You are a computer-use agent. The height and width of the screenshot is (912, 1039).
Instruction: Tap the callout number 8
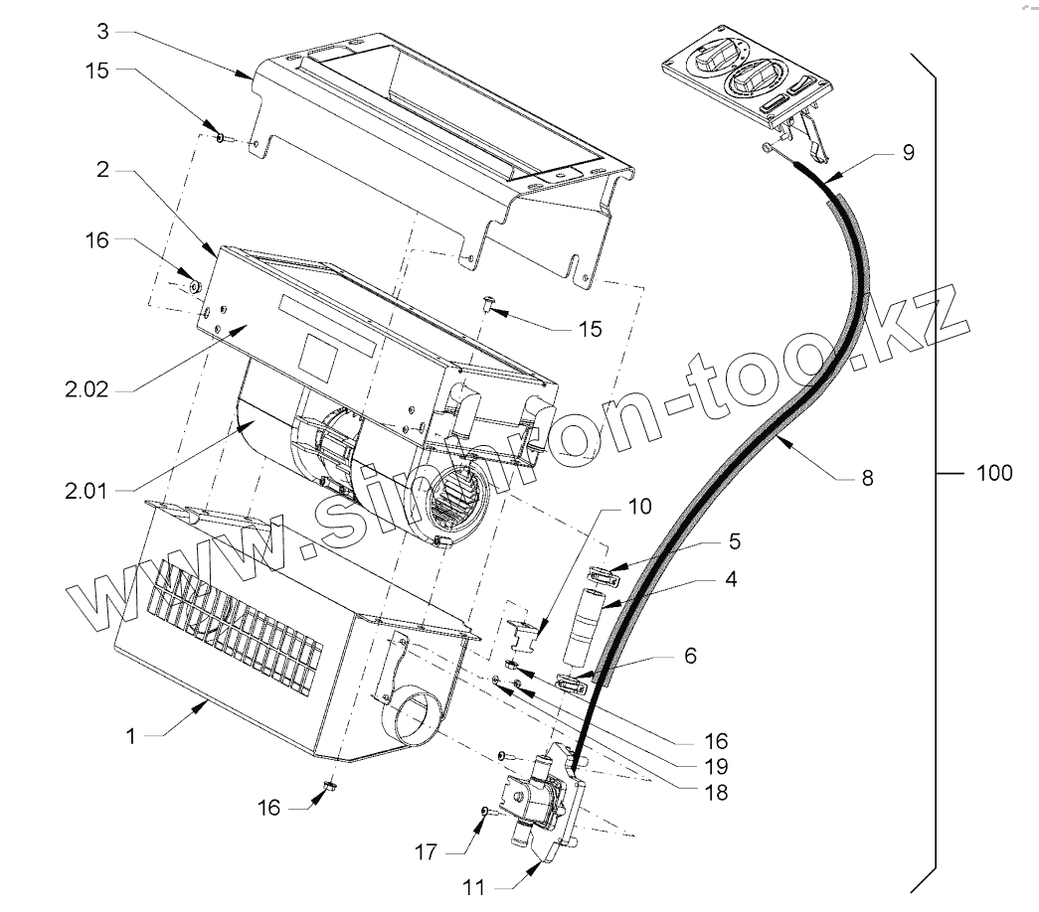click(868, 478)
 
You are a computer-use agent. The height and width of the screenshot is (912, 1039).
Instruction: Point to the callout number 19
click(714, 767)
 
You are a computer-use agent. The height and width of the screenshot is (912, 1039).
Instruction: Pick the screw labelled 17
click(483, 813)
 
